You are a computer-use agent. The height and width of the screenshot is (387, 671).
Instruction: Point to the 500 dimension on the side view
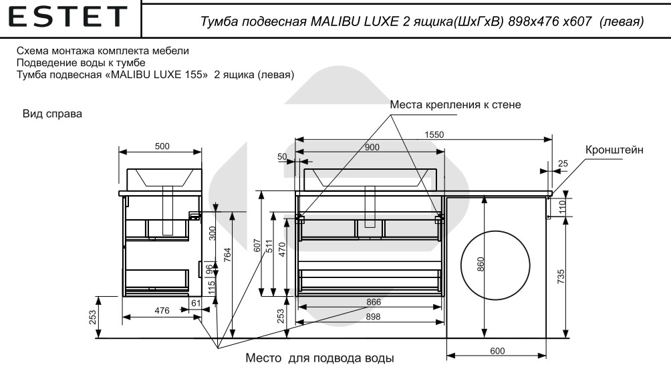[x=162, y=146]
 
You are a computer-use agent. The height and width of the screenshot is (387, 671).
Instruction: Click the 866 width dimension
[x=373, y=302]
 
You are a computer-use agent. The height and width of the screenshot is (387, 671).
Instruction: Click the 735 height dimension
[x=561, y=275]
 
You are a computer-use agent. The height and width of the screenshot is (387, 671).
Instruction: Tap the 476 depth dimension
[x=162, y=310]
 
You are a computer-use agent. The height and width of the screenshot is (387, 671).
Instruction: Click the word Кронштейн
[x=614, y=150]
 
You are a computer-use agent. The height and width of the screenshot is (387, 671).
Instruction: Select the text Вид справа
[x=53, y=115]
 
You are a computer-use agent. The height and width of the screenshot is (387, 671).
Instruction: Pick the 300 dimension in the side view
[x=213, y=234]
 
